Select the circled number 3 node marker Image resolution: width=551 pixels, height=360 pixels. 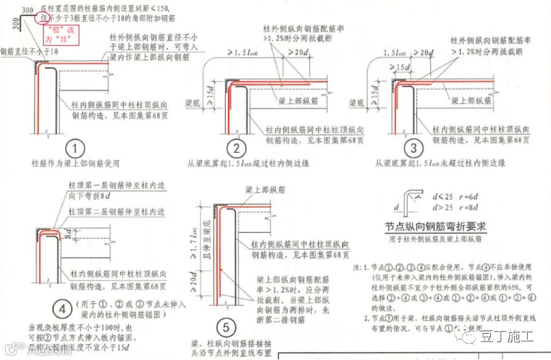pyautogui.click(x=414, y=148)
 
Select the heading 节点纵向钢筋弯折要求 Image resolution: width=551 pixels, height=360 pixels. pyautogui.click(x=436, y=225)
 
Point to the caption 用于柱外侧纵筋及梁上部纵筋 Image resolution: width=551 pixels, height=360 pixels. pyautogui.click(x=436, y=238)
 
